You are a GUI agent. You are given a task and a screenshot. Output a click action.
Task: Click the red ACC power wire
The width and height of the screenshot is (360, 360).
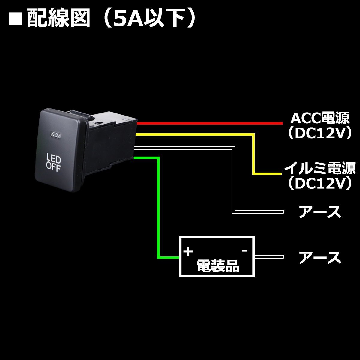[210, 123]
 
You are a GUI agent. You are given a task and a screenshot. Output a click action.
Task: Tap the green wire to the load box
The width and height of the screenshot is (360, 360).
[158, 210]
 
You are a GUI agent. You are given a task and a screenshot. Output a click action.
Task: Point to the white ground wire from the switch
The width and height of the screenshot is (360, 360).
[234, 180]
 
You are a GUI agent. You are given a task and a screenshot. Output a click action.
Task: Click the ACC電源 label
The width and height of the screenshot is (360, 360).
[319, 118]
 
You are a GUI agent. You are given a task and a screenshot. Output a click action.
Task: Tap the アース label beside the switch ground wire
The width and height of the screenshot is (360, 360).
[320, 212]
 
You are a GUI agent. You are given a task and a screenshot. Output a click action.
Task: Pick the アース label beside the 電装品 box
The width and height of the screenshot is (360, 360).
[320, 257]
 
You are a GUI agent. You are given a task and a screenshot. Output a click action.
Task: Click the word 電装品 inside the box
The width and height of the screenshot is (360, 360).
[218, 266]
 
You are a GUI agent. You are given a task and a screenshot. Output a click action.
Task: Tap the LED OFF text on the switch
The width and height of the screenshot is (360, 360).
[53, 161]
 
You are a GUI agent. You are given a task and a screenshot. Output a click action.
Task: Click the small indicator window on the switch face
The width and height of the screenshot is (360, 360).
[56, 135]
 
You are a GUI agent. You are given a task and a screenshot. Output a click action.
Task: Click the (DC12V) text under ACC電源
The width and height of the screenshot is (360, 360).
[319, 134]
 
